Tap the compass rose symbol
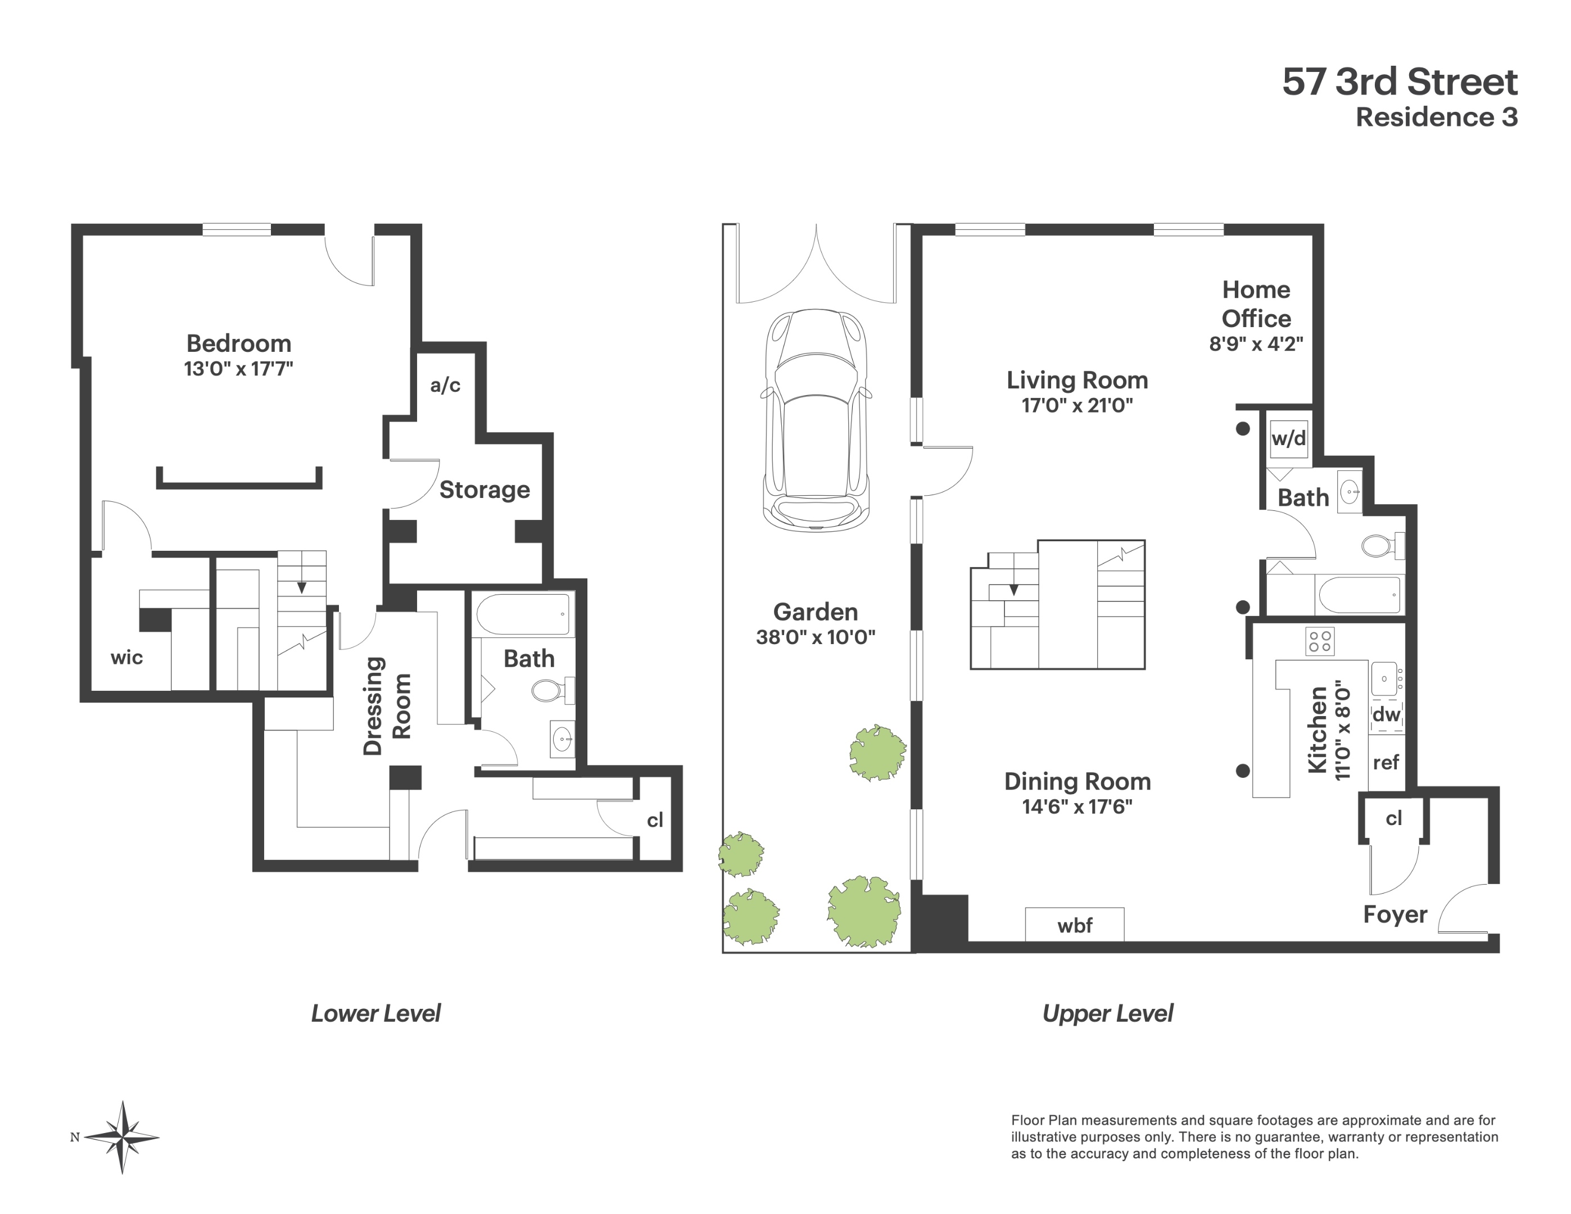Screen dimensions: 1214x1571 123,1137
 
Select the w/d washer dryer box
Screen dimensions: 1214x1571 1288,438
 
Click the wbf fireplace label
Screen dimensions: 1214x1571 1075,926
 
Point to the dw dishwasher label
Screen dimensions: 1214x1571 1386,714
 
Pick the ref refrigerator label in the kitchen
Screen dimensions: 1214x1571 1386,762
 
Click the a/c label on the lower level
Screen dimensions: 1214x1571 445,386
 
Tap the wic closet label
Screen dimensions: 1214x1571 126,658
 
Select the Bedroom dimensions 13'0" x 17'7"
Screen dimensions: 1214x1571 238,369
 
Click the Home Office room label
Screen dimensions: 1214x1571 1256,303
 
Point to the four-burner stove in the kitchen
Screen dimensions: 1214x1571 1320,641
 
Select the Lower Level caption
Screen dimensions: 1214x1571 375,1013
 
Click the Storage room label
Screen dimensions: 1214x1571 484,490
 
